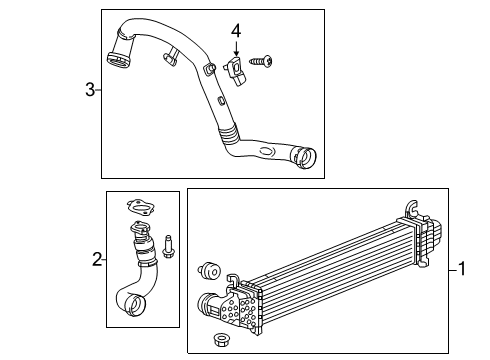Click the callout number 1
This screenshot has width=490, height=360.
[463, 268]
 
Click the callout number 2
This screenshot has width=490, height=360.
[97, 260]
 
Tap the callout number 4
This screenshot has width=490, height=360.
[236, 32]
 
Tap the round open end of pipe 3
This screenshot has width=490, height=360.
[305, 158]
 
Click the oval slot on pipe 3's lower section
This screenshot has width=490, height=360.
[265, 151]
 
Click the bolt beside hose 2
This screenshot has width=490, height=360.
[167, 244]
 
